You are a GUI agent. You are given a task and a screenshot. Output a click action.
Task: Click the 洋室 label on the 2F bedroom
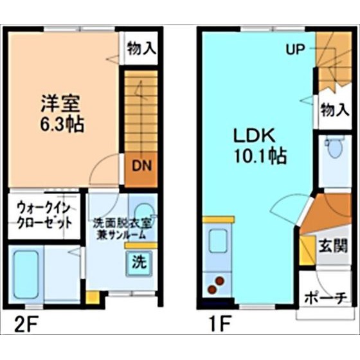pos(60,104)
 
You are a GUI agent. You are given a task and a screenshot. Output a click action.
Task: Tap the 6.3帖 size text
pos(62,124)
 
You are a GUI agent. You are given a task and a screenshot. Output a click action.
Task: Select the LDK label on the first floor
pos(255,136)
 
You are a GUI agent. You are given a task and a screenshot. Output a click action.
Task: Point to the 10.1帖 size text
pos(260,156)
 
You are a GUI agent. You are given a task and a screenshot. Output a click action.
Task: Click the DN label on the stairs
pos(141,166)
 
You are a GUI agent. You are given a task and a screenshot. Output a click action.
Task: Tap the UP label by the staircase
pos(296,49)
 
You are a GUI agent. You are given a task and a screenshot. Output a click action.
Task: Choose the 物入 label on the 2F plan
pos(141,48)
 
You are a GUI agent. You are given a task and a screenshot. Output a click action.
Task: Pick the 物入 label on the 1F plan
pos(335,109)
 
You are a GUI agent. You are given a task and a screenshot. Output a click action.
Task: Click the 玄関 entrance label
pos(333,246)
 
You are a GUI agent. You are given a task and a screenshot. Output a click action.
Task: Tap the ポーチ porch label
pos(325,298)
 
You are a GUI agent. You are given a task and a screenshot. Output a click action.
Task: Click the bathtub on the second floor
pos(26,274)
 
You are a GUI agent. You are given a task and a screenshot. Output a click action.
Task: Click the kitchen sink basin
pos(218,241)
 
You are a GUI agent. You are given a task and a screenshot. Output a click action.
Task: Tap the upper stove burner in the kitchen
pos(220,280)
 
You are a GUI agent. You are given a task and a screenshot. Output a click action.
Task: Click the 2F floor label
pos(26,324)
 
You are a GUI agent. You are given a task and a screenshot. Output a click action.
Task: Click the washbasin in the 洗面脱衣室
pos(143,212)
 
